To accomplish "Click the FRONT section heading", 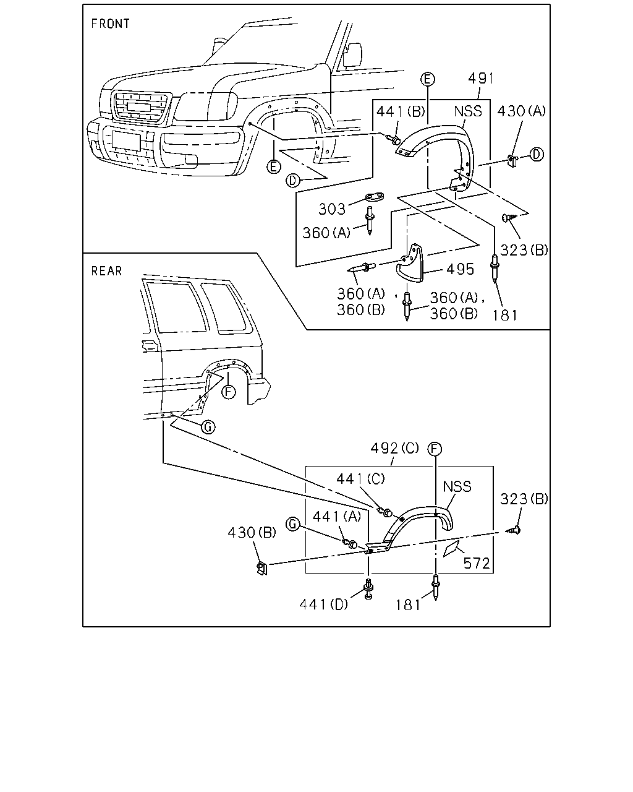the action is [x=111, y=24].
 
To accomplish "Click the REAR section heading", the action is [x=106, y=271].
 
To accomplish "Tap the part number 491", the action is [x=481, y=79].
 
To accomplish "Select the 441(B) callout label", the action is [x=401, y=111].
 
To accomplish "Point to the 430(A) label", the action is [x=522, y=111].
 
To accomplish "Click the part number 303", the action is [x=332, y=209].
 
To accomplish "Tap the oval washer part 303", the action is [x=375, y=197].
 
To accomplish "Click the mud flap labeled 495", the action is [x=410, y=263].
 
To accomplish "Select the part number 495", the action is [x=460, y=269].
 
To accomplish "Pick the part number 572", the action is [x=477, y=564].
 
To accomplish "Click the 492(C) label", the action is [x=394, y=448].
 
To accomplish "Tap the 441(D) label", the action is [x=324, y=605].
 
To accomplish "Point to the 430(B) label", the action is [x=252, y=533].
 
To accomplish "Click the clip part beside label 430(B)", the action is [x=262, y=568].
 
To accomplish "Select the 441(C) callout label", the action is [x=360, y=479].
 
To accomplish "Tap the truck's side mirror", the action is [x=352, y=55].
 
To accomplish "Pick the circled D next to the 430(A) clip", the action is [x=537, y=154].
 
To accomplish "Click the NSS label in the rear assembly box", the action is [x=457, y=486].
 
